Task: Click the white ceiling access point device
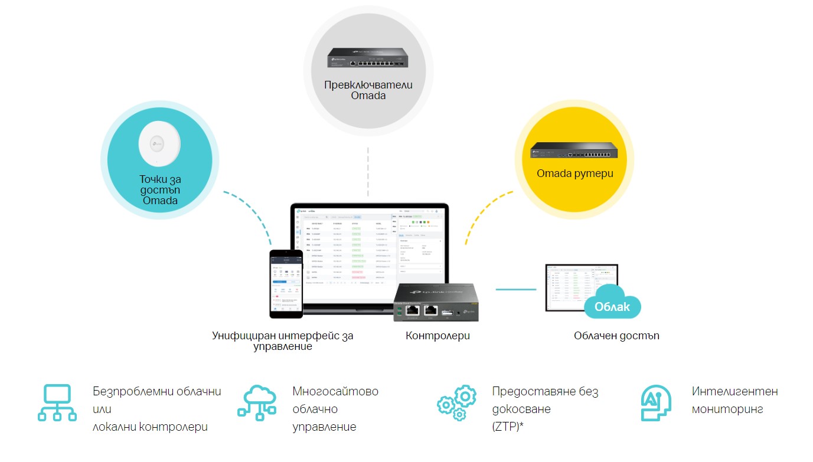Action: coord(159,143)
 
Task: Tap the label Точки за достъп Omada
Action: coord(160,189)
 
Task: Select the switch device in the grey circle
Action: coord(368,58)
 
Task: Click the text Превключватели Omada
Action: coord(368,90)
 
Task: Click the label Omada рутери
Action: coord(574,173)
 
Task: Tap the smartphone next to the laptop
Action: coord(286,283)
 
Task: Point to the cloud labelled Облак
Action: coord(612,304)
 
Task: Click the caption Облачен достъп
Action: coord(616,336)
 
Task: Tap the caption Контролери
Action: coord(437,336)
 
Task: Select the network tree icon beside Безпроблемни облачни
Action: coord(57,403)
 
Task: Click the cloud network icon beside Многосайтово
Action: coord(257,403)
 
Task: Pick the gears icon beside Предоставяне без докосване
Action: coord(456,403)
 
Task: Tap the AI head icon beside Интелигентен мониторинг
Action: coord(656,403)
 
